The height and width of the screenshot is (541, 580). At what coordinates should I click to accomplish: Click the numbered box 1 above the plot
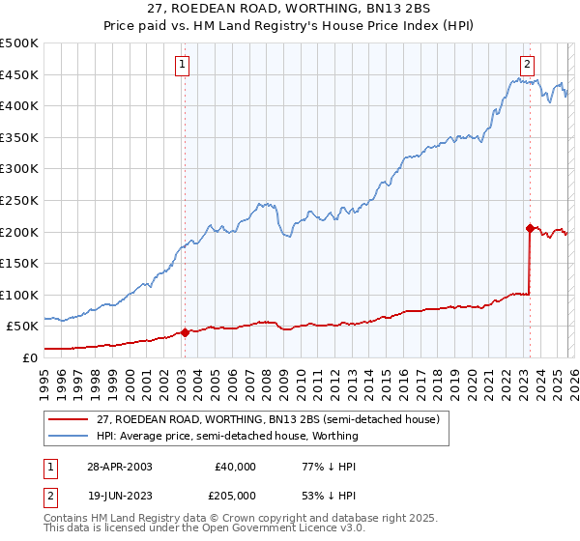tap(183, 66)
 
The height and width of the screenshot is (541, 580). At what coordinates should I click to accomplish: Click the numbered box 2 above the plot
tap(527, 66)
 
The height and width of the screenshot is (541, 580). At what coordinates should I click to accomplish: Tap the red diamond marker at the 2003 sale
tap(185, 332)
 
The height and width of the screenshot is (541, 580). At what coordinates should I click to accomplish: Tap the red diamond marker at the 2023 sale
tap(530, 229)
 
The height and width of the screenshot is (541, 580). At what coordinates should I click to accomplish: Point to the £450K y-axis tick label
tap(19, 74)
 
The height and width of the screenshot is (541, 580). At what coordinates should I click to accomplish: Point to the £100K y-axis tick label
tap(19, 295)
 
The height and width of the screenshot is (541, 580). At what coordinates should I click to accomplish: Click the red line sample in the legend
tap(70, 419)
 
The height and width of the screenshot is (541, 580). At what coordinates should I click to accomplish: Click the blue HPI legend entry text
tap(227, 436)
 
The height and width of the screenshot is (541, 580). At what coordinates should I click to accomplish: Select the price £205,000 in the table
tap(235, 496)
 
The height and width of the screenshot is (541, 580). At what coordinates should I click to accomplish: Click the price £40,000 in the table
tap(235, 467)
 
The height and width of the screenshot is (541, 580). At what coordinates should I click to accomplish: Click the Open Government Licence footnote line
tap(174, 529)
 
